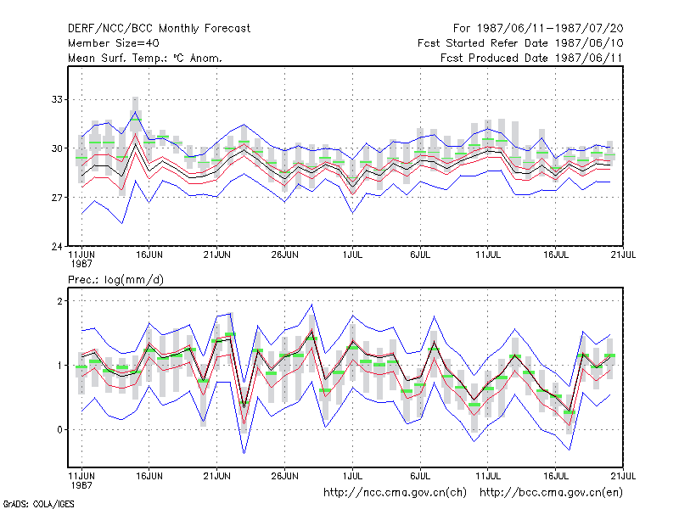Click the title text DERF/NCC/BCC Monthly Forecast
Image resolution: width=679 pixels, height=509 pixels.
(159, 29)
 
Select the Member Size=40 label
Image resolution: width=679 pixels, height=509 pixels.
(114, 43)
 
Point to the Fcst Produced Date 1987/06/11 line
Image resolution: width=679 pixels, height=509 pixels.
(531, 58)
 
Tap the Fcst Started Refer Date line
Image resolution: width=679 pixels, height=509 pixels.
(520, 43)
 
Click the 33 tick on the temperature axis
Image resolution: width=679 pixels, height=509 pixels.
(57, 99)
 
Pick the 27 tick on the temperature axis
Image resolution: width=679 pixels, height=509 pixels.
(57, 198)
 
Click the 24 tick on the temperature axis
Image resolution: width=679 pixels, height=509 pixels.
(57, 247)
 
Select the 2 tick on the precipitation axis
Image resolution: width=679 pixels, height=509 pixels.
(59, 301)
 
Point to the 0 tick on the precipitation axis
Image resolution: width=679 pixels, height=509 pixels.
(59, 430)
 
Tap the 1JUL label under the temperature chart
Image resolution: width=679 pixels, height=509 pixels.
(352, 255)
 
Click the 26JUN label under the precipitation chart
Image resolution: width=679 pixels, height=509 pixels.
(285, 476)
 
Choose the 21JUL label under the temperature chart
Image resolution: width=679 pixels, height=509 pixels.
(623, 255)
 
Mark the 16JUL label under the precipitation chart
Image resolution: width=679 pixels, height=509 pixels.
(556, 476)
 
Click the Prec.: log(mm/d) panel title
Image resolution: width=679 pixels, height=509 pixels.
(115, 280)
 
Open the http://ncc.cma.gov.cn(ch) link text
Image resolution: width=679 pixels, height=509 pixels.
(395, 493)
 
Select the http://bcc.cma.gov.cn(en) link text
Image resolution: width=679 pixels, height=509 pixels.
(551, 493)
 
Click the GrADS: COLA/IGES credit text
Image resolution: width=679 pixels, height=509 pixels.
(38, 504)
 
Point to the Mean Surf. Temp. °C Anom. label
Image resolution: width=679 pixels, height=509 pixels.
(145, 58)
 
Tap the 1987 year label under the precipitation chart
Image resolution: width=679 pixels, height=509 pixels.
(81, 485)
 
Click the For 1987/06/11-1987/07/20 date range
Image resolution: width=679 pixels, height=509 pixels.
(538, 29)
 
